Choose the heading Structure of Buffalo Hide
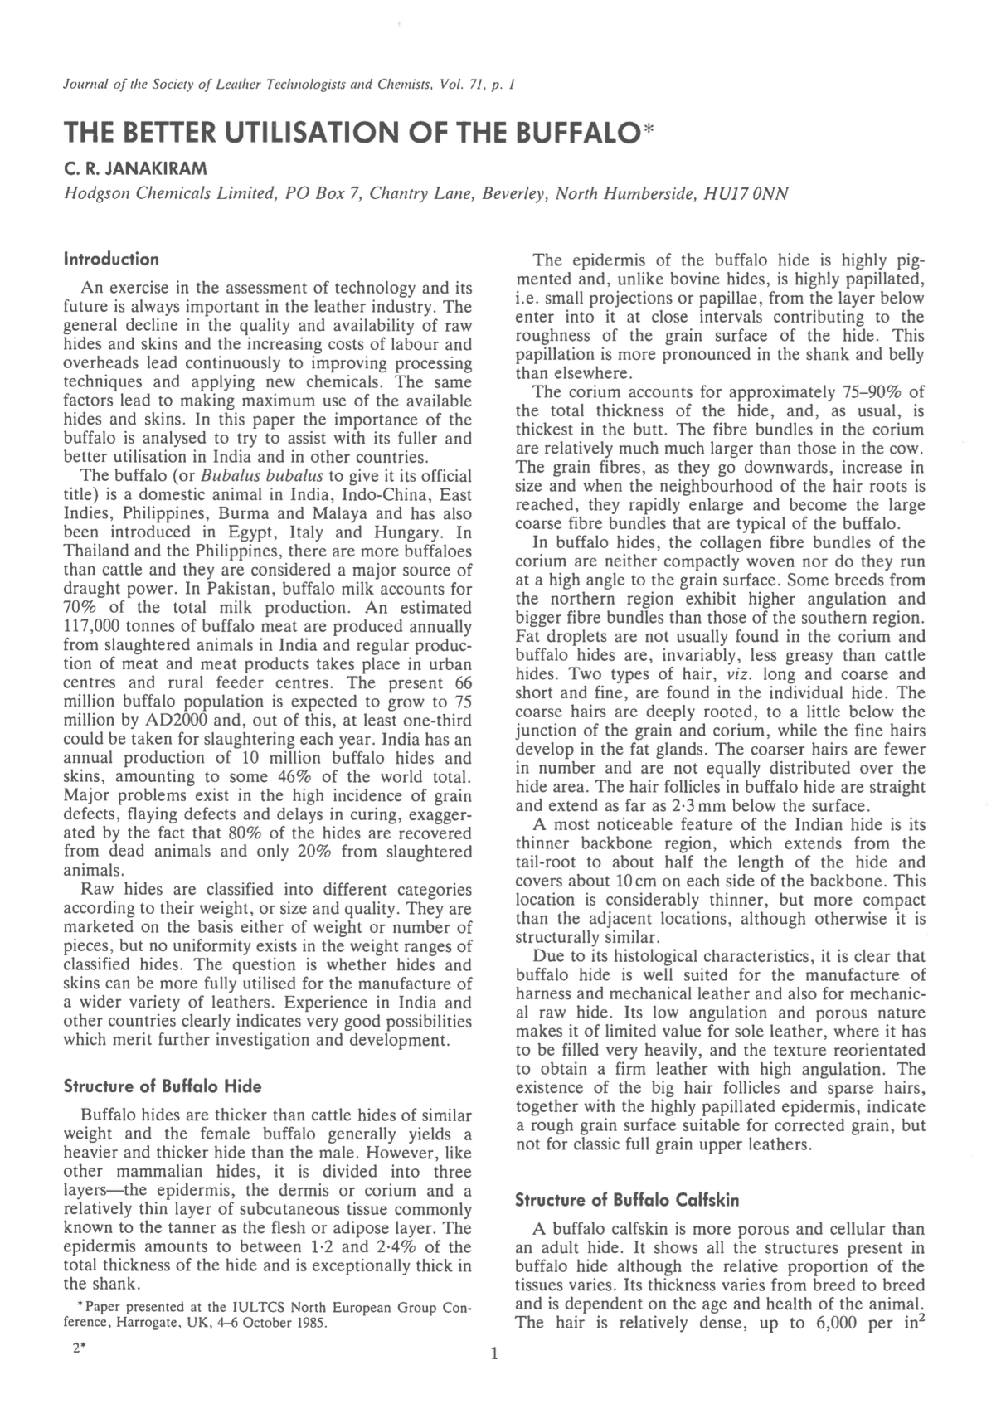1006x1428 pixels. (x=163, y=1086)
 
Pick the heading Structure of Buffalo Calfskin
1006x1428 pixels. (x=627, y=1199)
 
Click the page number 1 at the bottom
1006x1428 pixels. (x=495, y=1355)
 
